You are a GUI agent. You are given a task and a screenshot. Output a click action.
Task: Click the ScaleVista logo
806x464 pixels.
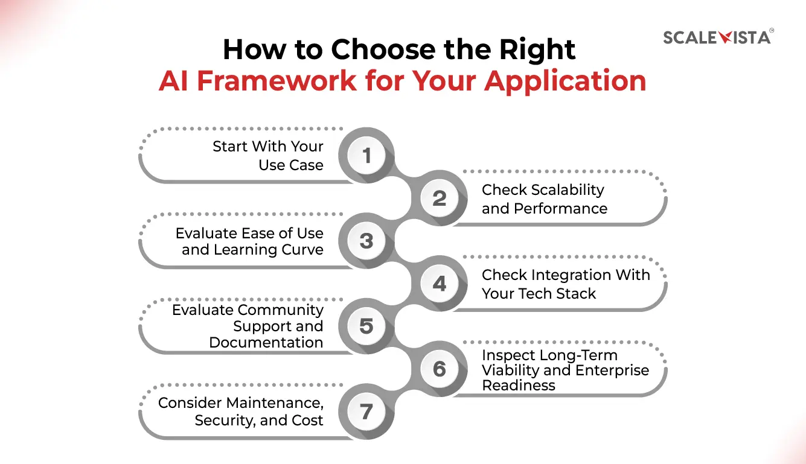tap(717, 37)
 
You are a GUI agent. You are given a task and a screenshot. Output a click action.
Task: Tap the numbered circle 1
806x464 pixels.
tap(366, 156)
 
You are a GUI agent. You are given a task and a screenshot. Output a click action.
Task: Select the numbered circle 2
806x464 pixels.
tap(440, 199)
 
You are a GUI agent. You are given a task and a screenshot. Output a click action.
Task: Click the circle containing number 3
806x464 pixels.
tap(366, 241)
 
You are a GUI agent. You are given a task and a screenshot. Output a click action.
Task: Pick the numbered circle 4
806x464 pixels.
tap(440, 284)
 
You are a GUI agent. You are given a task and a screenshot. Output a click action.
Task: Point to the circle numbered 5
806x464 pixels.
tap(366, 326)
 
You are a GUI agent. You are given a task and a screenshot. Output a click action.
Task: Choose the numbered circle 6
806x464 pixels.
tap(440, 369)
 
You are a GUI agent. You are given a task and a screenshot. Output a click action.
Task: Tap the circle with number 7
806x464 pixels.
tap(366, 412)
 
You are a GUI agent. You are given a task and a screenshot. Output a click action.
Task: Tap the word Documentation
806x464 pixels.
tap(266, 343)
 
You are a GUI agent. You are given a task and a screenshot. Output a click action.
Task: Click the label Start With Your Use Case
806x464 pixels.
tap(268, 156)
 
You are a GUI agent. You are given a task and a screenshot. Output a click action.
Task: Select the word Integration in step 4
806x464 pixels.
tap(568, 275)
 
